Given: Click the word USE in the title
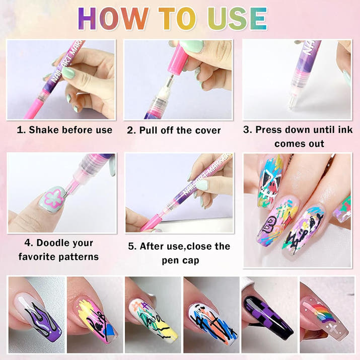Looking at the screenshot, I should (x=237, y=18).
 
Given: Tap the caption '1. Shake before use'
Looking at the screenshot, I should (x=65, y=130).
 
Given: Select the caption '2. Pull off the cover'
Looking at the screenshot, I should (x=174, y=130).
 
